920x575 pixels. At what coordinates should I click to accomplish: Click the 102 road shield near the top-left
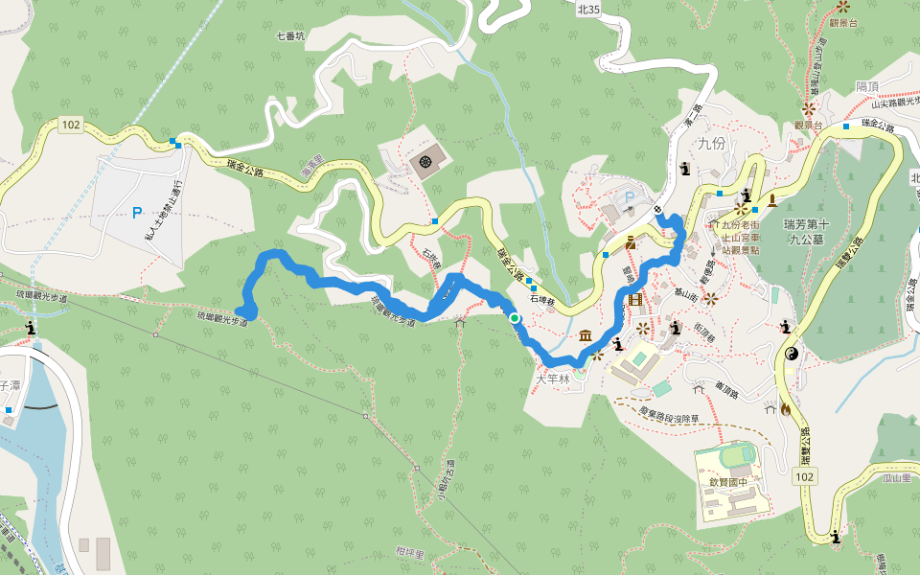(x=70, y=125)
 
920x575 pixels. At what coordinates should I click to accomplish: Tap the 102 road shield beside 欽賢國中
(x=804, y=476)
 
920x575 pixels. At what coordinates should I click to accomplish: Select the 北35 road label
(x=588, y=9)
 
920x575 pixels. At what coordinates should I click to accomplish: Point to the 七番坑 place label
(x=289, y=36)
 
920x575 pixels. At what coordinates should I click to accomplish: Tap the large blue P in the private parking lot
(x=137, y=211)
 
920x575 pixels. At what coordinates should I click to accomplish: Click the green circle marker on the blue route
(x=515, y=318)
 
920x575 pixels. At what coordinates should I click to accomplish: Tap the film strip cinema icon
(x=635, y=301)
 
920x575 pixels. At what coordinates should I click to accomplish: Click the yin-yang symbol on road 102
(x=792, y=355)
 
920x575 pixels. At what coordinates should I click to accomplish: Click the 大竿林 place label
(x=552, y=379)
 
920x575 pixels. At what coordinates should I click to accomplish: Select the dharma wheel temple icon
(x=425, y=163)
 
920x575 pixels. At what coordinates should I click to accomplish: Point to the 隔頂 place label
(x=867, y=86)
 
